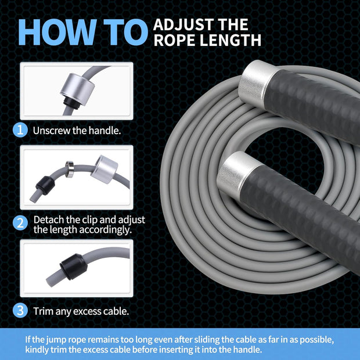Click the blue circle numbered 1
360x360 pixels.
pos(20,130)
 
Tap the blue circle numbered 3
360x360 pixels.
pos(20,311)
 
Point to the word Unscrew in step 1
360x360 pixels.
pos(51,130)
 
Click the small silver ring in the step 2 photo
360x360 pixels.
pos(69,169)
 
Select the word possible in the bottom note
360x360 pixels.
pos(323,339)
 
